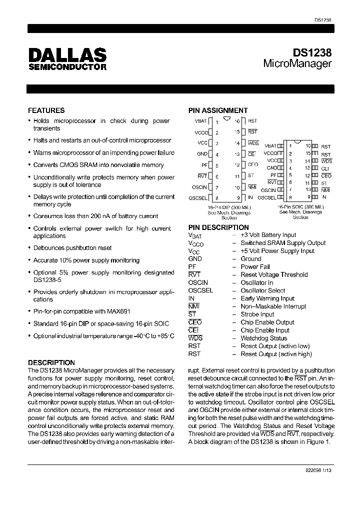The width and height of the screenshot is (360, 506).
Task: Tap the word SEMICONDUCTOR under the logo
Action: tap(67, 66)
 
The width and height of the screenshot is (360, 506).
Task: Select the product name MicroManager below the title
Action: tap(297, 64)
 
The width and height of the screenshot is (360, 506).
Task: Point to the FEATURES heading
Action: tap(46, 110)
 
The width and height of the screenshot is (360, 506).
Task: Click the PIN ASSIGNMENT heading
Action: tap(217, 110)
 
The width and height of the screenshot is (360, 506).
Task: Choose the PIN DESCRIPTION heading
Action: tap(218, 227)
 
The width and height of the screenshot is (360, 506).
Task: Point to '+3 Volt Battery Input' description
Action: tap(268, 234)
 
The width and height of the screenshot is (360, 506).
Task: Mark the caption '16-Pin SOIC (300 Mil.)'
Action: tap(300, 206)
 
